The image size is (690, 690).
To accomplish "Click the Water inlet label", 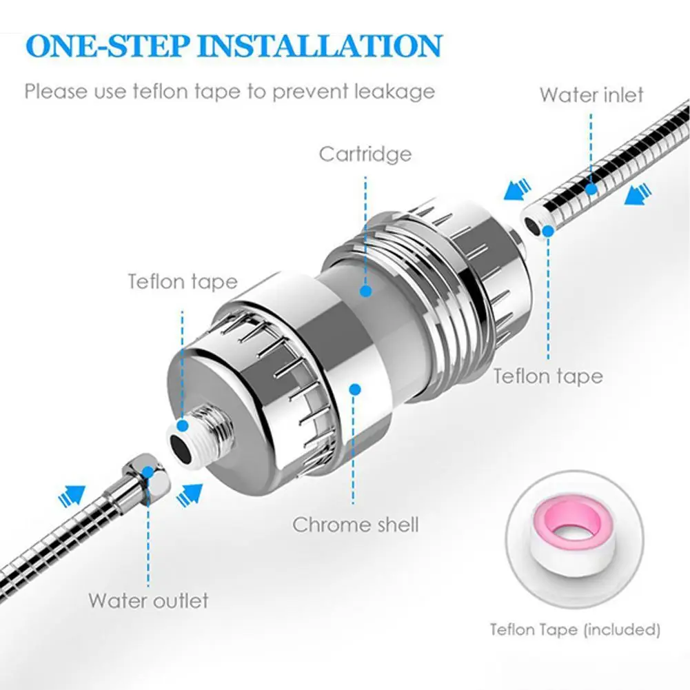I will click(591, 94).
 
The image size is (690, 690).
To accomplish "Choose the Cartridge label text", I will click(365, 153).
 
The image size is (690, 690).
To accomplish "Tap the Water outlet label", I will click(148, 600).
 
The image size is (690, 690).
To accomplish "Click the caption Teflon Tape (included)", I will click(575, 629).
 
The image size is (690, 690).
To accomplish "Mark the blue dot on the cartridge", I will click(365, 290).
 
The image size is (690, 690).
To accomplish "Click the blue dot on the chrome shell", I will click(355, 389).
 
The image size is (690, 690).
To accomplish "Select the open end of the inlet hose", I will click(534, 223).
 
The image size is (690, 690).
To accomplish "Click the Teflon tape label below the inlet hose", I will click(548, 376).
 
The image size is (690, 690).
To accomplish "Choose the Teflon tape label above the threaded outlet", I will click(182, 281).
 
